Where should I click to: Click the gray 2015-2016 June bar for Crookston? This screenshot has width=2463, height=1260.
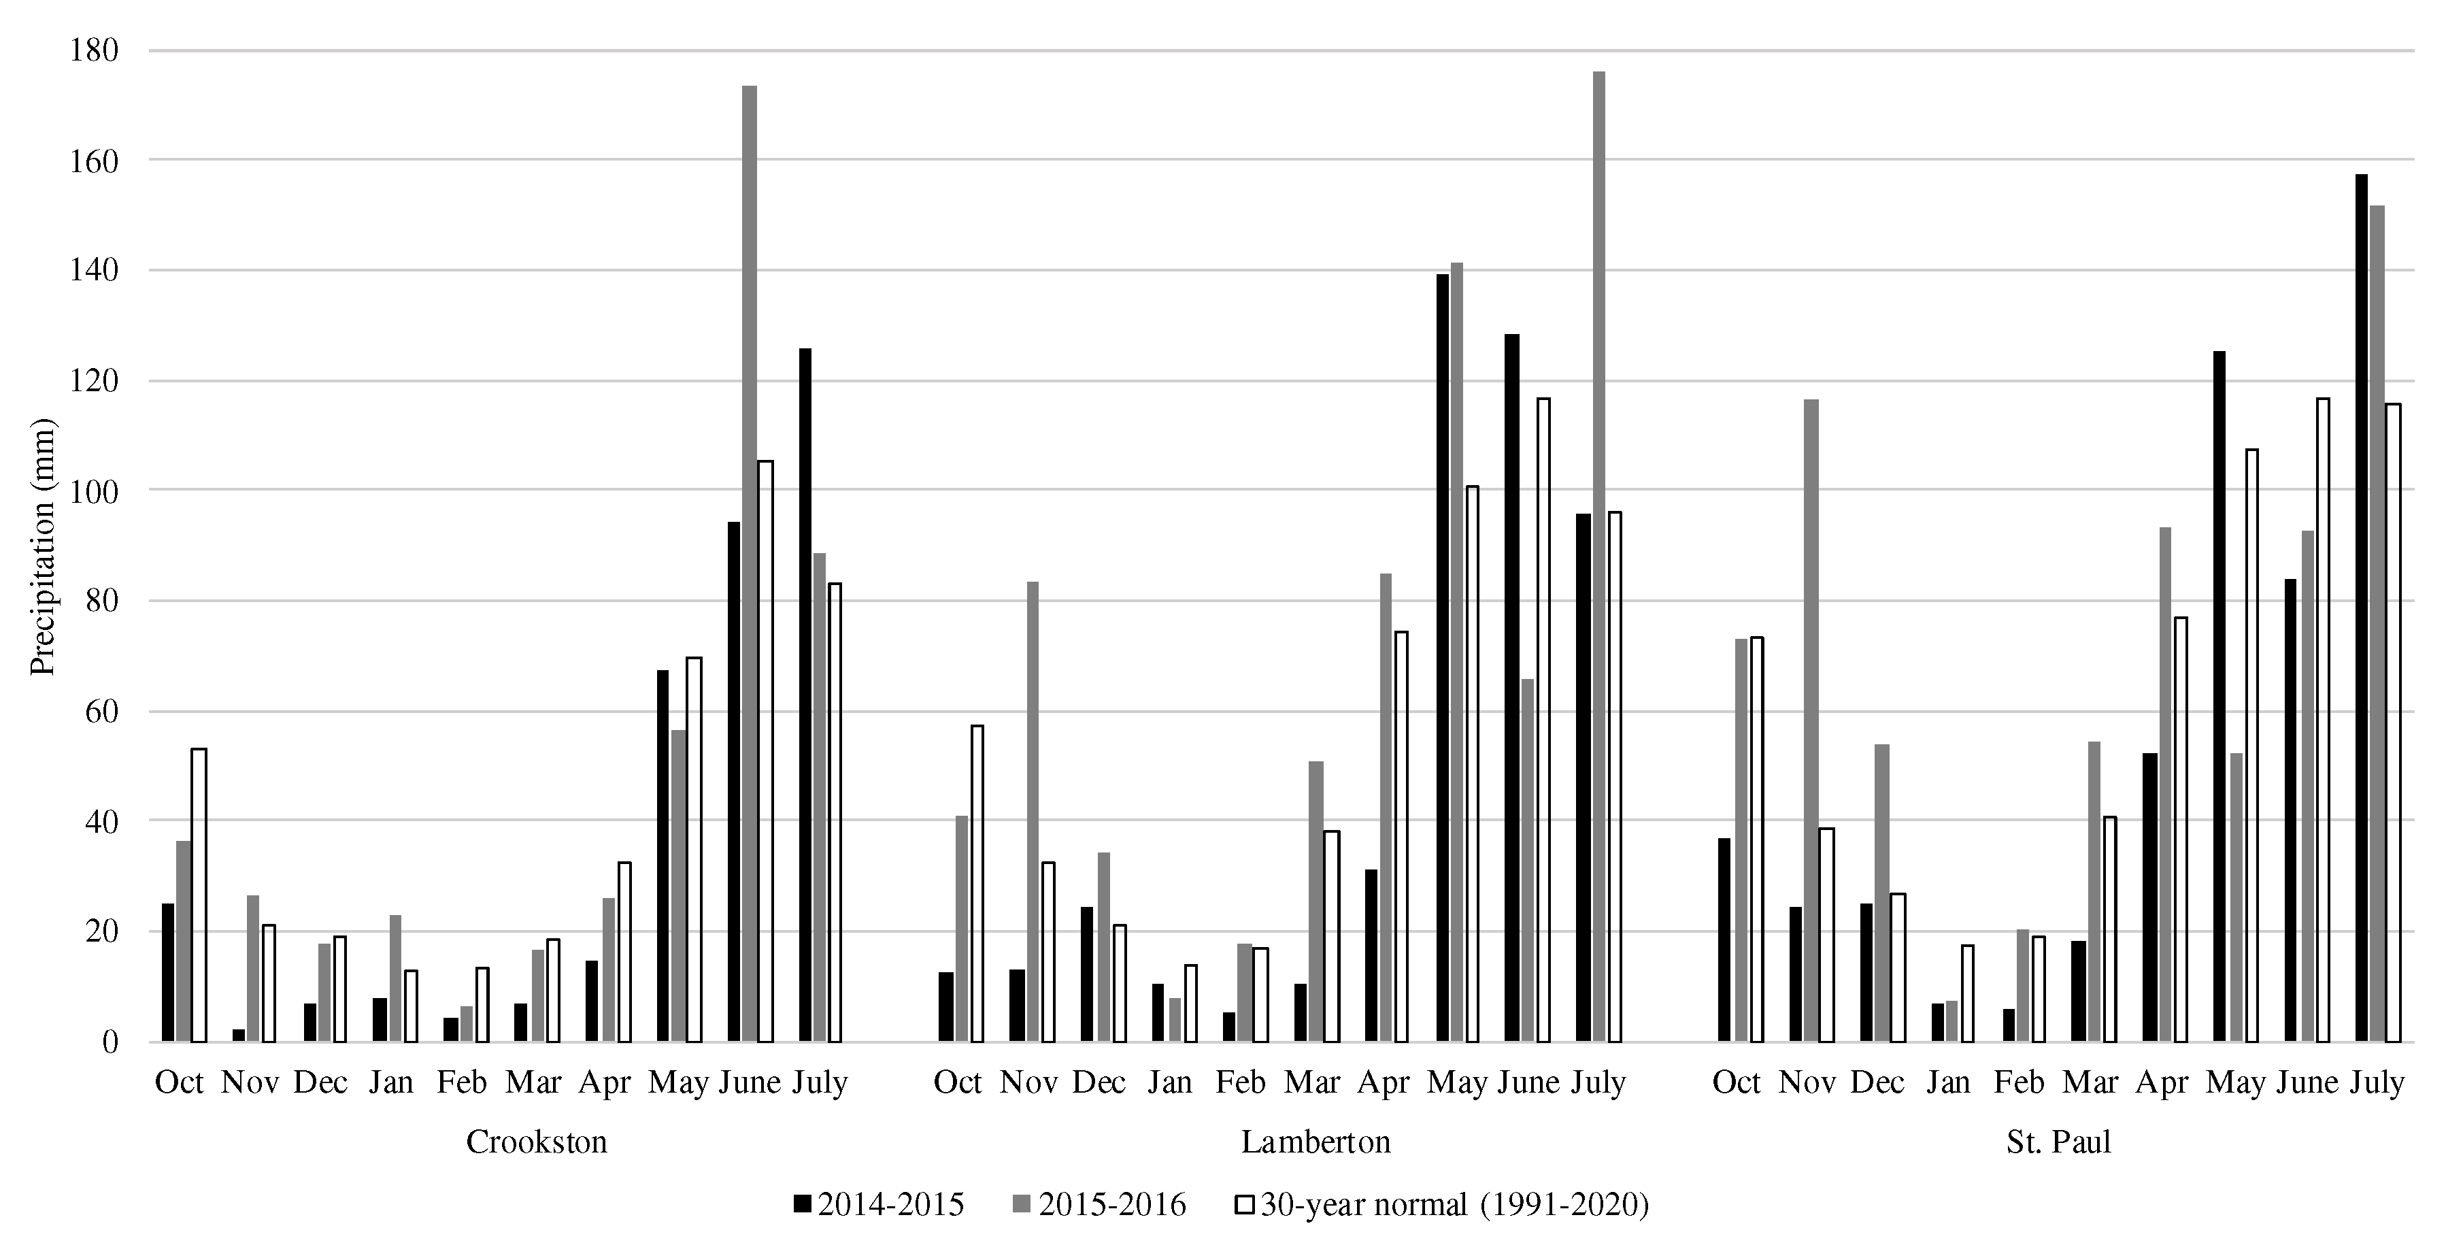(750, 564)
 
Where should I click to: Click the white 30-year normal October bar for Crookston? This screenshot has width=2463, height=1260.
(199, 895)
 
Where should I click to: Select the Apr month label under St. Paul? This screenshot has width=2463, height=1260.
(2162, 1082)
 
